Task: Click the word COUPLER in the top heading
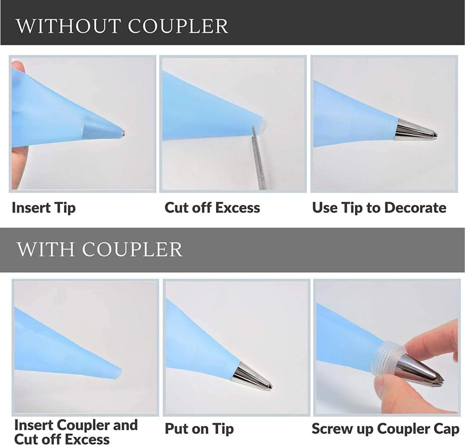[x=178, y=26]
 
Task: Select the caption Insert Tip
[x=44, y=208]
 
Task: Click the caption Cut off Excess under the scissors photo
[x=212, y=208]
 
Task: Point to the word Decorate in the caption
[x=415, y=208]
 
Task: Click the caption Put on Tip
[x=199, y=429]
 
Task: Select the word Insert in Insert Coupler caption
[x=34, y=425]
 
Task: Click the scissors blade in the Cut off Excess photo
[x=259, y=158]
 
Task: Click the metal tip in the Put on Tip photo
[x=252, y=377]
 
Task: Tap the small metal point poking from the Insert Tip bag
[x=123, y=134]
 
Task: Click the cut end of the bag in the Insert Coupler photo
[x=119, y=373]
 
